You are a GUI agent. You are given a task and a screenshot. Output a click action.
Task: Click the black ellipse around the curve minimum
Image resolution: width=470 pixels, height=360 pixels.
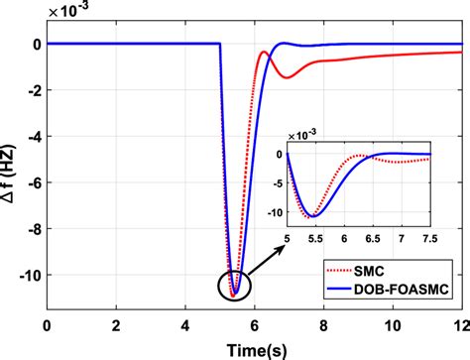(x=232, y=285)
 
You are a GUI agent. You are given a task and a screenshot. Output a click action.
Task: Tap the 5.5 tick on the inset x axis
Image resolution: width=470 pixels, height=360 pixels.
(x=315, y=239)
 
